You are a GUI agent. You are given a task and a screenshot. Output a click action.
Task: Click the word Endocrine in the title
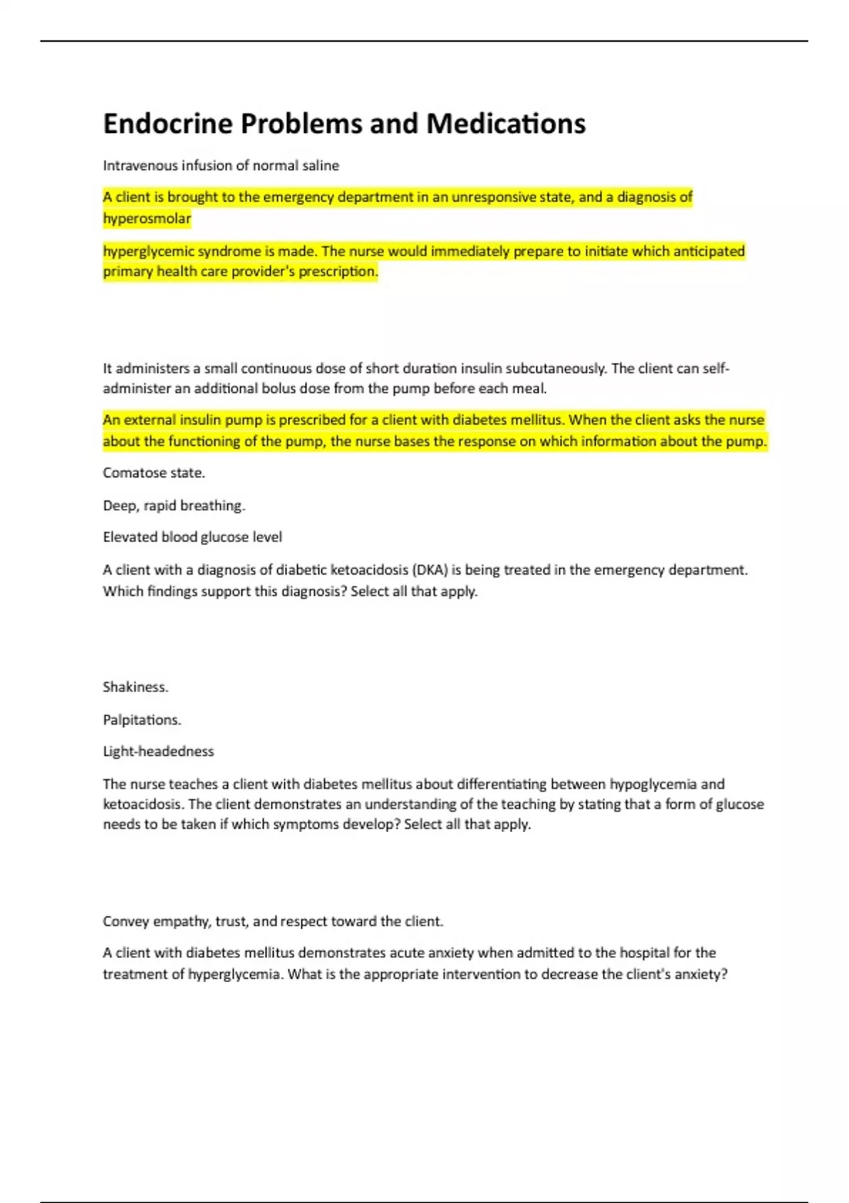coord(168,124)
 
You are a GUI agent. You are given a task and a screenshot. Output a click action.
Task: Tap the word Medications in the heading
coord(505,124)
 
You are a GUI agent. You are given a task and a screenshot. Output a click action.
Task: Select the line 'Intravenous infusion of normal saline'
coord(221,166)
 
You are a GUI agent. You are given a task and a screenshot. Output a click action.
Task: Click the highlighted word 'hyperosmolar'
coord(147,219)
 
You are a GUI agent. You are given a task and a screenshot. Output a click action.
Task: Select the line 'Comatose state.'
coord(154,473)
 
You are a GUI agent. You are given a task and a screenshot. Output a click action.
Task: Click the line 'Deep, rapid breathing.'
coord(174,505)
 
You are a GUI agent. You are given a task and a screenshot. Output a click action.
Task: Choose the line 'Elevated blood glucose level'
coord(192,537)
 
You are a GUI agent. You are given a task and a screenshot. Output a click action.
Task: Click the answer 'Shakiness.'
coord(136,687)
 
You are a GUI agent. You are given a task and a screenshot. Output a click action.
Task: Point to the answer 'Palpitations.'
coord(142,720)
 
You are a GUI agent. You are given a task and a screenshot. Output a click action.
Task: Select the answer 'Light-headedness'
coord(158,752)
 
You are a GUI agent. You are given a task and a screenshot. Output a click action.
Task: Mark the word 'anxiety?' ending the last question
coord(699,974)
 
